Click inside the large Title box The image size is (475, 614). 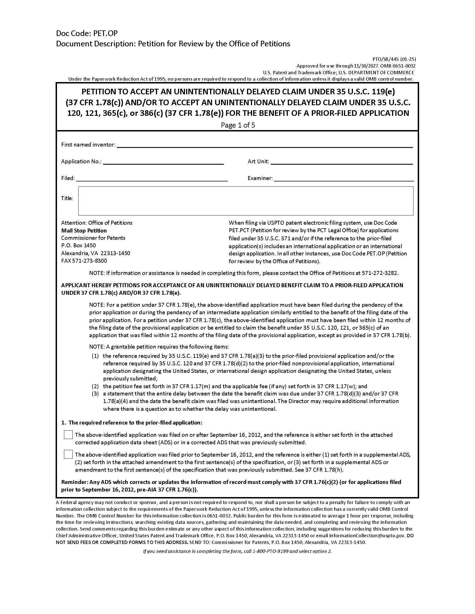point(245,201)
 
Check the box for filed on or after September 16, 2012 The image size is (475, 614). point(68,435)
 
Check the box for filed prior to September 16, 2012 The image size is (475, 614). point(68,454)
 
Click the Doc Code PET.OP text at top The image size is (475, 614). point(87,33)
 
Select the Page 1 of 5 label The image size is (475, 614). point(238,125)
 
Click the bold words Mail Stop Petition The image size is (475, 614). point(84,231)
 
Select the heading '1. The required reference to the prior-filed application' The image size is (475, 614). point(132,423)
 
